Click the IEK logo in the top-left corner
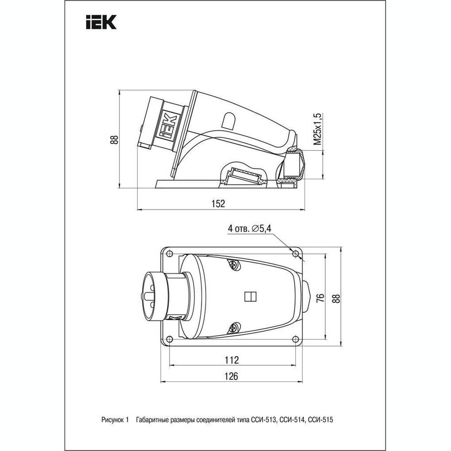[x=101, y=22]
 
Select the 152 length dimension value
[x=218, y=204]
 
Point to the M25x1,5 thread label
[x=318, y=129]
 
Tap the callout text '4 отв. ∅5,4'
[x=249, y=228]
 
